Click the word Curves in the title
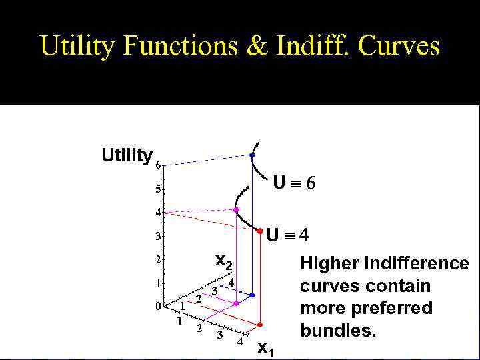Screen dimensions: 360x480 [x=399, y=46]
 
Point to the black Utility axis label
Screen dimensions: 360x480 [x=127, y=156]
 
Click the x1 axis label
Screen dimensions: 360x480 [x=265, y=347]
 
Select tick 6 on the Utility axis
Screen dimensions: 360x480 [x=158, y=164]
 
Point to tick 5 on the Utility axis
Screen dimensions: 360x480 [x=158, y=189]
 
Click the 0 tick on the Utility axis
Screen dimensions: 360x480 [x=158, y=307]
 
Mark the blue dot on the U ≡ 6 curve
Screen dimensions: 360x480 [x=252, y=155]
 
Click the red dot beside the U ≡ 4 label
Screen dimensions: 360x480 [x=259, y=231]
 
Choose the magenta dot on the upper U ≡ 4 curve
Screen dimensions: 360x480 [x=236, y=210]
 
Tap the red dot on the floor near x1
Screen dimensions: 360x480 [x=259, y=325]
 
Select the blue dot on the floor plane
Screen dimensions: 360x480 [x=252, y=295]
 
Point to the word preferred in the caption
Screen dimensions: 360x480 [x=400, y=309]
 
